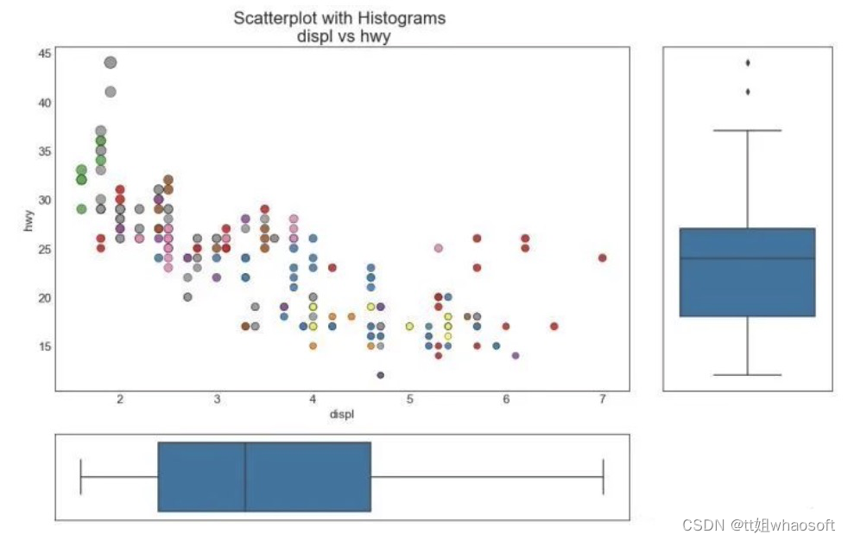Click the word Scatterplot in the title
pos(275,18)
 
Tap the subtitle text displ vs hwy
pos(339,37)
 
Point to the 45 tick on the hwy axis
pos(45,54)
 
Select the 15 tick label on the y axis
pos(45,347)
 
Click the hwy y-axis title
pos(28,222)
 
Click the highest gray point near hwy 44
pos(110,62)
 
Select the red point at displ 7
pos(603,258)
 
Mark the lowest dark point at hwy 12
pos(380,375)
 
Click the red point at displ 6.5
pos(554,327)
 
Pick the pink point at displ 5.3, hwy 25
pos(439,248)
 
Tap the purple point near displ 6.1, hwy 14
pos(516,355)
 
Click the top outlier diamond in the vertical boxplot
pos(747,62)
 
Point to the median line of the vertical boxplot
pos(747,258)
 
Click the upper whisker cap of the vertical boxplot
pos(747,130)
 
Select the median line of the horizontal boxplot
pos(245,477)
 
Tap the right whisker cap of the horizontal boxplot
pos(603,477)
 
